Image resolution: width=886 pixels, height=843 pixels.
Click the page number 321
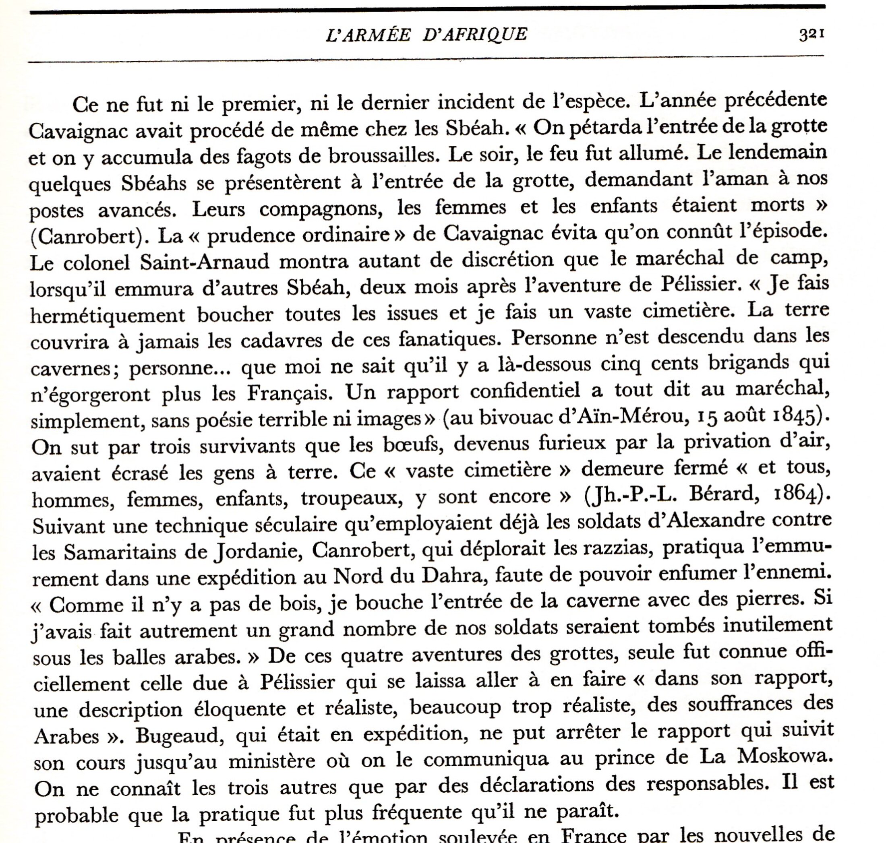(x=812, y=34)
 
